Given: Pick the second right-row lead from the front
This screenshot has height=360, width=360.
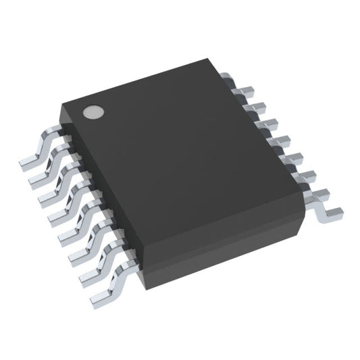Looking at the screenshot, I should tap(305, 178).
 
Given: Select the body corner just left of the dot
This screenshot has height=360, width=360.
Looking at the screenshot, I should tap(63, 107).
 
